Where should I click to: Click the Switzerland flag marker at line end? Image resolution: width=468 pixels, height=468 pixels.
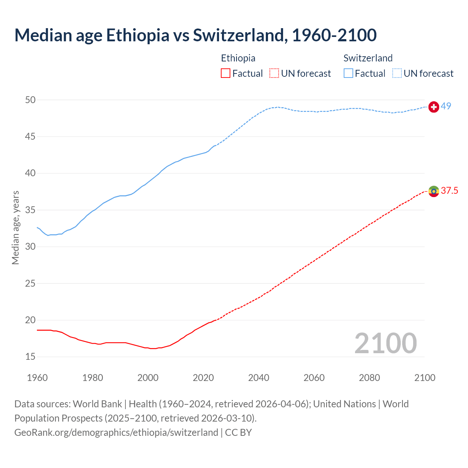point(434,107)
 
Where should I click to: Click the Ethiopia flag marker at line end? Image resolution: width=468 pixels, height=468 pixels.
point(434,191)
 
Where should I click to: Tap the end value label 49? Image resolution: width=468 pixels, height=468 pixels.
point(446,106)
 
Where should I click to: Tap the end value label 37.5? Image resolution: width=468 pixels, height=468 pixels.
point(449,190)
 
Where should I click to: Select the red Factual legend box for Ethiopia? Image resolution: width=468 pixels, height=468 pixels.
point(226,73)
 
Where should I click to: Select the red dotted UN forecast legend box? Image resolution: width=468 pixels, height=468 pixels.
point(274,73)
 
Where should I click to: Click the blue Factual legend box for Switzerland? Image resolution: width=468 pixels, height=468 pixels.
point(348,73)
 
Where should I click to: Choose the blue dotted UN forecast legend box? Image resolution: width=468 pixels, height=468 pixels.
point(397,73)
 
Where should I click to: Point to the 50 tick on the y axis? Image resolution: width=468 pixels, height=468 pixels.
point(30,100)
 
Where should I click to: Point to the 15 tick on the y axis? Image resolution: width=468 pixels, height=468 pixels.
point(30,356)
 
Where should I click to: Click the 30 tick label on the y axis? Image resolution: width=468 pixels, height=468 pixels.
point(30,246)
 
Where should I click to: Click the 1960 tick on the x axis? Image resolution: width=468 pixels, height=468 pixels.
point(37,378)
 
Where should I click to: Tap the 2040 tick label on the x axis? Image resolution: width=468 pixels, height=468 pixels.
point(258,378)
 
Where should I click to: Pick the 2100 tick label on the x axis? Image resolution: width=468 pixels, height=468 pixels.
point(425,378)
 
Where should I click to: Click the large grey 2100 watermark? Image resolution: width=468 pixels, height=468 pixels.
point(386,343)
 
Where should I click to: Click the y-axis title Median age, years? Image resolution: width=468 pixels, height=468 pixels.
point(15,227)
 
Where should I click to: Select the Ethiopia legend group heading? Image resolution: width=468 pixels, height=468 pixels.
point(238,58)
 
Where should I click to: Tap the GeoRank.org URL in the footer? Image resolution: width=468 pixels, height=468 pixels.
point(116,432)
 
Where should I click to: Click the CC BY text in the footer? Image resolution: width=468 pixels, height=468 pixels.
point(238,432)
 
